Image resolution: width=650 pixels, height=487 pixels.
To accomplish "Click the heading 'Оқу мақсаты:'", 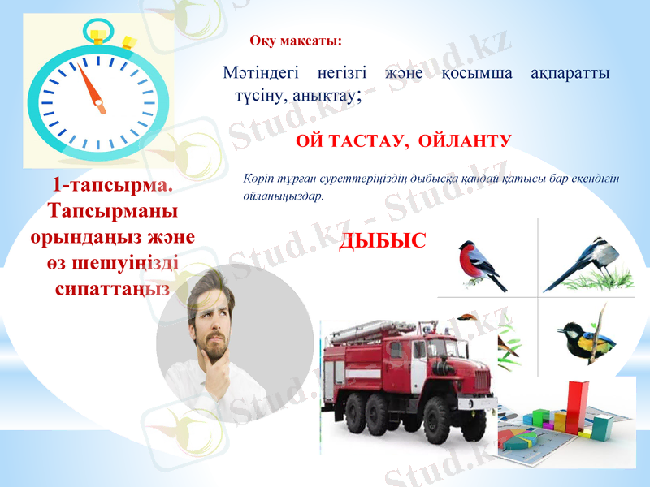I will click(296, 41).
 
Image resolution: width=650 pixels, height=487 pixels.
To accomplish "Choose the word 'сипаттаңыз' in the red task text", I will click(112, 288).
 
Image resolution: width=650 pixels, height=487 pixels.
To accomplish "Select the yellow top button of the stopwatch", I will click(98, 36).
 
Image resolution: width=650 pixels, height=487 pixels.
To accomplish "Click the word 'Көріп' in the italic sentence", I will click(258, 179).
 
